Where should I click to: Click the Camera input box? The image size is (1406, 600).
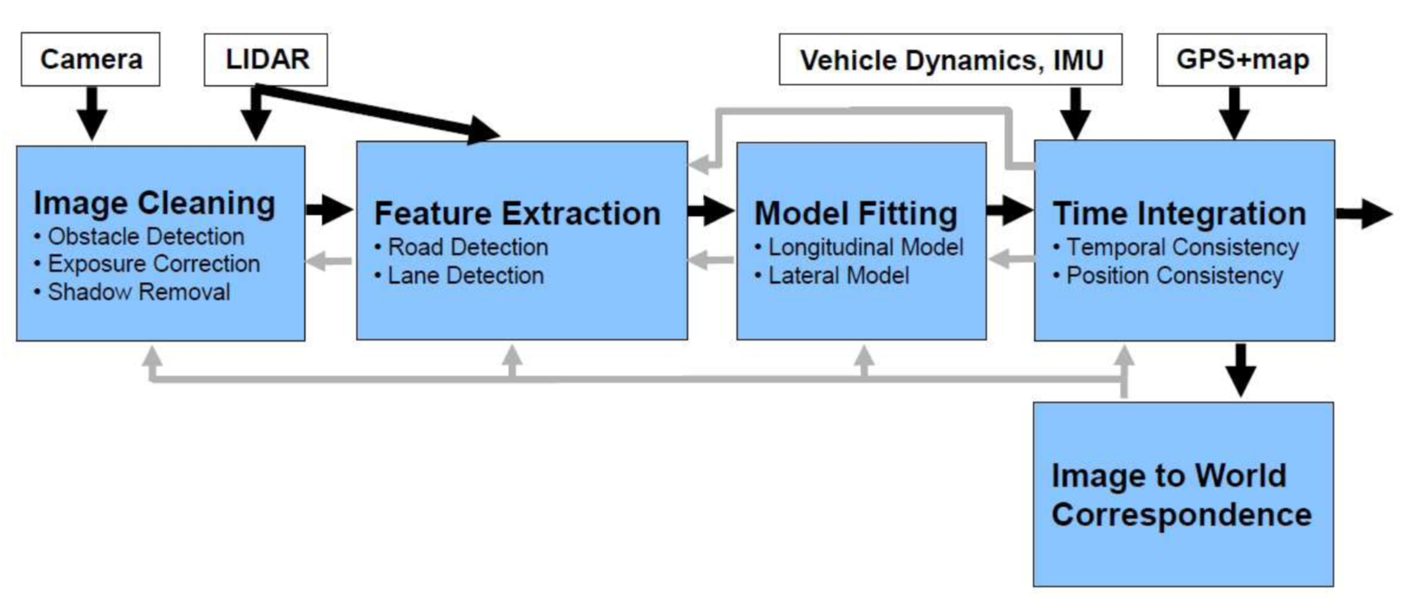click(91, 59)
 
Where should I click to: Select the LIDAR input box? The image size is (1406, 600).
click(266, 59)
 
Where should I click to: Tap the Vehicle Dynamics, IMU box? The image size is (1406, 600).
click(950, 60)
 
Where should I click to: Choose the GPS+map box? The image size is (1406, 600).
click(1241, 59)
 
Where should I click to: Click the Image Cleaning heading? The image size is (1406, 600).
click(154, 203)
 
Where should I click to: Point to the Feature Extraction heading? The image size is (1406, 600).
click(517, 213)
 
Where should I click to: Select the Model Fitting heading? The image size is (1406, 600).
click(855, 213)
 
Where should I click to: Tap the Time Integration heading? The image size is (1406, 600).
click(1179, 213)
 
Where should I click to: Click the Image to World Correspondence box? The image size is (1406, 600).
click(1182, 495)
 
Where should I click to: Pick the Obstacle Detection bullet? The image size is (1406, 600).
click(145, 237)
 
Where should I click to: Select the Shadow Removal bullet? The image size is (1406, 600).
click(138, 292)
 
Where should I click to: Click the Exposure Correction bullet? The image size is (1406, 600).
click(153, 264)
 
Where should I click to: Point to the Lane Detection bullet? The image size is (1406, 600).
click(464, 275)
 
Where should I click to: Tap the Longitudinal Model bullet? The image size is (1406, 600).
click(865, 247)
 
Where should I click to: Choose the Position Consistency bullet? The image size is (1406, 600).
click(1174, 275)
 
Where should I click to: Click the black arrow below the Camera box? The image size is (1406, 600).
click(92, 113)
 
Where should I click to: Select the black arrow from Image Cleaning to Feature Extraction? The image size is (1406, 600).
click(329, 210)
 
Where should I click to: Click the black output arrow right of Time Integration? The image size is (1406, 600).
click(1363, 214)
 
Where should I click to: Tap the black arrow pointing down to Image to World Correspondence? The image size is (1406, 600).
click(1241, 369)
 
